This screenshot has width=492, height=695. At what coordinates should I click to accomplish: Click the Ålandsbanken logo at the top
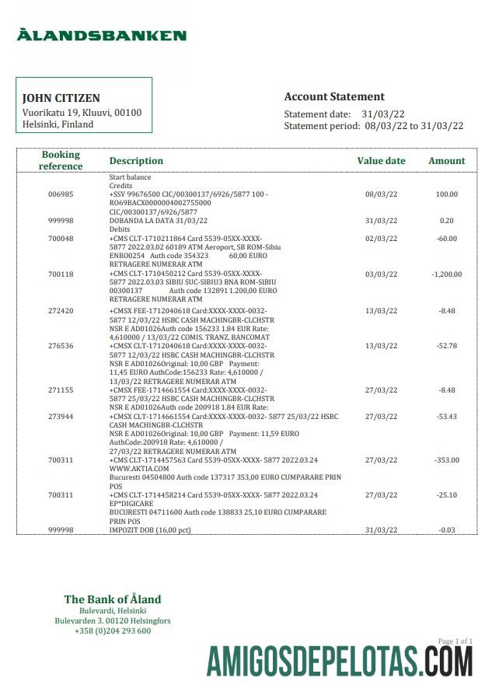[x=102, y=35]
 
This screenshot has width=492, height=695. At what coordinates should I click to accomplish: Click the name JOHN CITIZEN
[x=61, y=99]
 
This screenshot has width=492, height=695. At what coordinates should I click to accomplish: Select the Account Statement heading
[x=334, y=97]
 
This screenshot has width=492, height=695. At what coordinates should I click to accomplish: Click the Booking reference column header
[x=61, y=160]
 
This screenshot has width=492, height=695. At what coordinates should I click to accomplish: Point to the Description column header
[x=136, y=161]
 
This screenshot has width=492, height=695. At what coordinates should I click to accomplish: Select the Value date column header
[x=381, y=161]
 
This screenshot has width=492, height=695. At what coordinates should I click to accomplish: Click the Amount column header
[x=446, y=161]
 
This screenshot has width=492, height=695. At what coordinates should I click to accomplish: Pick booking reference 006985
[x=61, y=194]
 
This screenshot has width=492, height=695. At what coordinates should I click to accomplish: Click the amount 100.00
[x=446, y=194]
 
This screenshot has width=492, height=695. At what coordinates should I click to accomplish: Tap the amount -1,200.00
[x=446, y=274]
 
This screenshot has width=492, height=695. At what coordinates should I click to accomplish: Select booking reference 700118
[x=61, y=274]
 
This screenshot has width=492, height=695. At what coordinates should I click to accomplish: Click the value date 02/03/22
[x=381, y=239]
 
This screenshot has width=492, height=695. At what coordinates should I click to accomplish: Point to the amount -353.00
[x=446, y=460]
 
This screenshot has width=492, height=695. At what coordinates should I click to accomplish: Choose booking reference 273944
[x=61, y=417]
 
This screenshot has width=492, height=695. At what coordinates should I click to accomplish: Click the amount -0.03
[x=446, y=529]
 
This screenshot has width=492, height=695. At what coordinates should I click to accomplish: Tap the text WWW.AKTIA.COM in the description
[x=139, y=469]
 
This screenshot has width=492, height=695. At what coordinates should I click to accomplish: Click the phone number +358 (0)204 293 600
[x=113, y=630]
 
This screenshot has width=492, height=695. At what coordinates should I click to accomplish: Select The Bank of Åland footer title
[x=113, y=599]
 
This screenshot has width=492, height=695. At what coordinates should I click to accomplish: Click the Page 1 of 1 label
[x=455, y=641]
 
